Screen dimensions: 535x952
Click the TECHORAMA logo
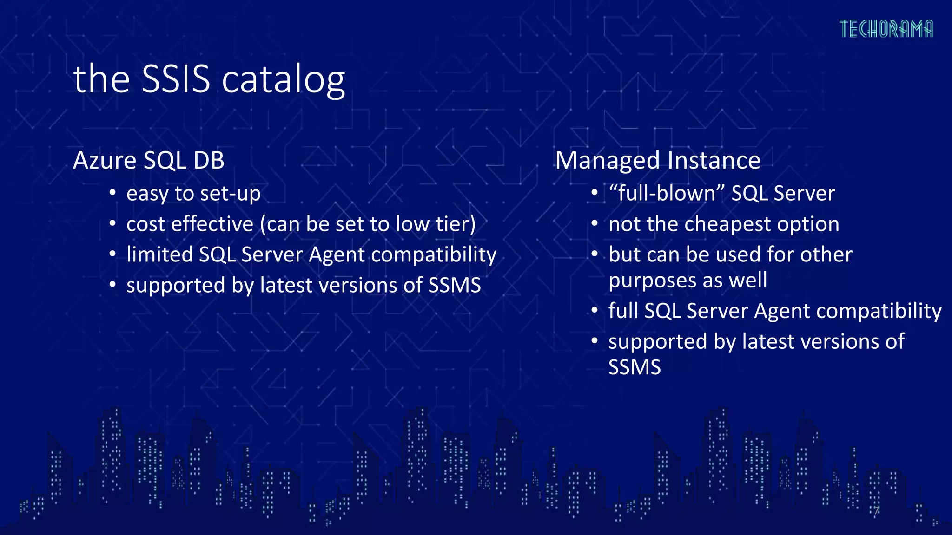pos(886,29)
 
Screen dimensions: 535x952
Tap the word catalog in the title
pos(283,80)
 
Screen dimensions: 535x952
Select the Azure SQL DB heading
pos(149,160)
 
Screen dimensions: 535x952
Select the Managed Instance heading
pos(657,160)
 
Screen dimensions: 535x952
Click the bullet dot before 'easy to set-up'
pos(112,193)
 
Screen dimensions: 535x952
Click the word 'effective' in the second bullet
pos(212,224)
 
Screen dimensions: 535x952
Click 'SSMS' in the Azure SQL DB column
pos(454,285)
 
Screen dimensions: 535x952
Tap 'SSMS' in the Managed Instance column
pos(634,367)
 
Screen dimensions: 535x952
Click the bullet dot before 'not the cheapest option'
pos(595,224)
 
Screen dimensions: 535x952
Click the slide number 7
pos(876,511)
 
